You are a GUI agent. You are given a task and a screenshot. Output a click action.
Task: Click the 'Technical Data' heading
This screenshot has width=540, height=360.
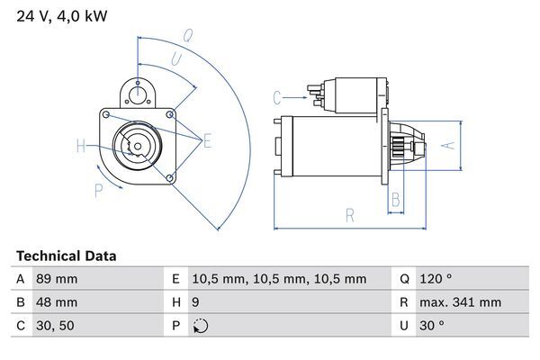pos(66,256)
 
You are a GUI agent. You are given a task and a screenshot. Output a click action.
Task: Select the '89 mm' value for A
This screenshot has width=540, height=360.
pos(56,279)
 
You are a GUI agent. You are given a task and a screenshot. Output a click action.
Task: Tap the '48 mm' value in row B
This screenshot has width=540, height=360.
pos(56,302)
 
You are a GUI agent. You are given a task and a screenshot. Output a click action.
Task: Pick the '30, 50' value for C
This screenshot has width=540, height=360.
pos(55,326)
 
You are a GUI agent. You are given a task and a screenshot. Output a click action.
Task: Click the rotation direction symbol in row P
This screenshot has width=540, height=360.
pos(200,326)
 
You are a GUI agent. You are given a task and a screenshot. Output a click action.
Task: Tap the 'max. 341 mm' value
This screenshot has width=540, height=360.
pos(462,302)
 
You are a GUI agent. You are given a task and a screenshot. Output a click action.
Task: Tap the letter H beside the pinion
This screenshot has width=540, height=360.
pos(81,146)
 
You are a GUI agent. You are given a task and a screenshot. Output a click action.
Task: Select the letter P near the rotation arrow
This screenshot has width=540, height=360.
pos(97,189)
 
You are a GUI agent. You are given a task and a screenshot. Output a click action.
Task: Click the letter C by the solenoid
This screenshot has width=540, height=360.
pos(277,96)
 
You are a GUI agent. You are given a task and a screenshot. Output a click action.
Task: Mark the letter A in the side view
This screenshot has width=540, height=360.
pos(453,144)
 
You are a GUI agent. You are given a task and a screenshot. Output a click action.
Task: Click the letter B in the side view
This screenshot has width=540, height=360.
pos(394,199)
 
